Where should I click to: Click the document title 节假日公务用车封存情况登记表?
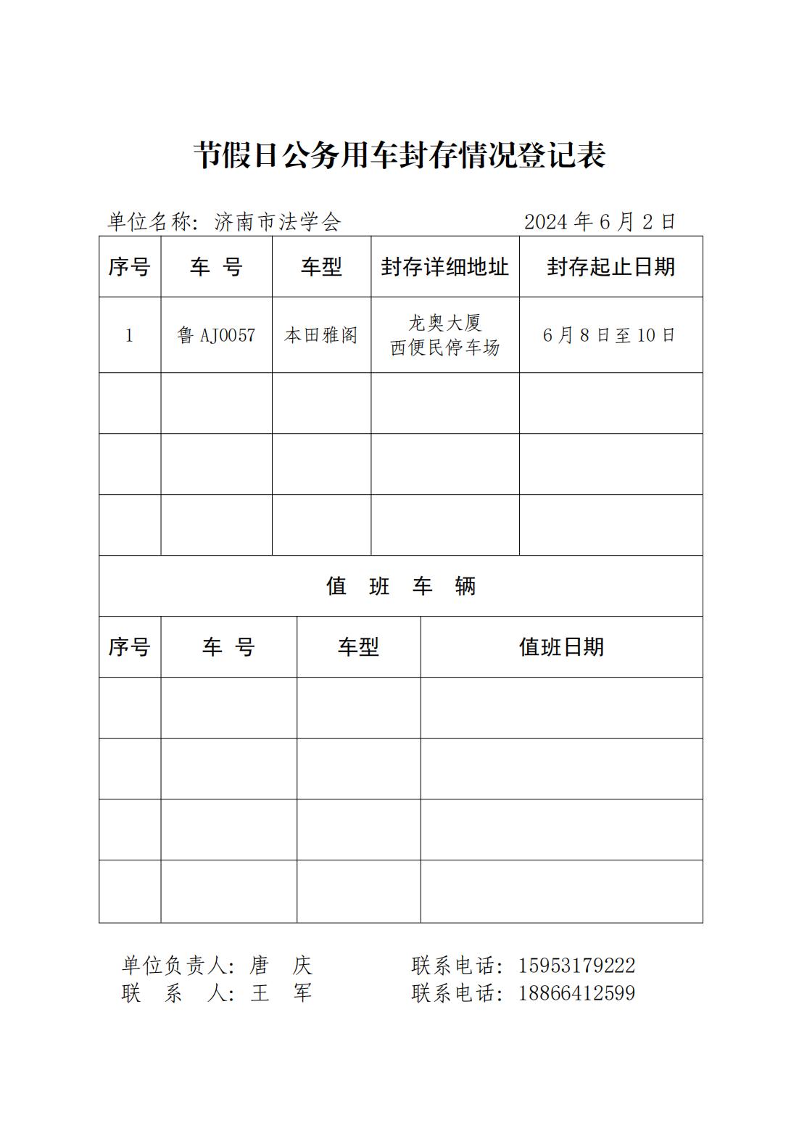(399, 155)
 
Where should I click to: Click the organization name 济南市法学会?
(278, 222)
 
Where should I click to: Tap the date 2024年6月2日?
(600, 222)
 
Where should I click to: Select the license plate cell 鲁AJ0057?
(216, 335)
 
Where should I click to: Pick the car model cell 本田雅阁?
(321, 335)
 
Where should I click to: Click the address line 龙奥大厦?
(445, 322)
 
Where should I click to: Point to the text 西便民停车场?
(445, 348)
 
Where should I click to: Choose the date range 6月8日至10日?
(610, 335)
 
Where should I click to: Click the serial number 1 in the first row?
(130, 335)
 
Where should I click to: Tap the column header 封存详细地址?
(445, 267)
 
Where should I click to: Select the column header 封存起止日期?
(610, 267)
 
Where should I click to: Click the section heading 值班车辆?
(400, 586)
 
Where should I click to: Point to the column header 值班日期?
(561, 647)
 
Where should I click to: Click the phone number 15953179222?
(576, 966)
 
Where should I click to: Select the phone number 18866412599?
(576, 992)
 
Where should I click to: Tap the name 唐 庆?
(281, 966)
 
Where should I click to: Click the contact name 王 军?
(281, 992)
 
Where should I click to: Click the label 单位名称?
(149, 222)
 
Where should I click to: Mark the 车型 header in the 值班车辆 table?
(358, 647)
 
